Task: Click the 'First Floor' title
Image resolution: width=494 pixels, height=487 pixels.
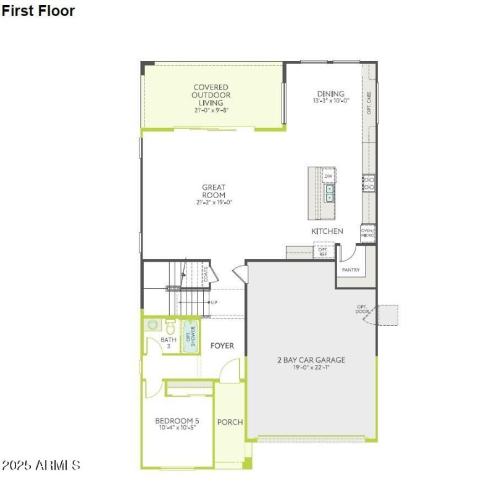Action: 38,11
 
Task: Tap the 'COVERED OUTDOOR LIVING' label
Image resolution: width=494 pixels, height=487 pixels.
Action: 211,95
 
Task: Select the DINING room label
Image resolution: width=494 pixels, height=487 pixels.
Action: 331,94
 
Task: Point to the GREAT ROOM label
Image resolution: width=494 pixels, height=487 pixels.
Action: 214,191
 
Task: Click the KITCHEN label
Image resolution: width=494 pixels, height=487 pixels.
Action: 327,231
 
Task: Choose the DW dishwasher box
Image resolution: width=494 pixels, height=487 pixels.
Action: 329,176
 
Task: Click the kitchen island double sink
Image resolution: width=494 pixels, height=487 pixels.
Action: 330,194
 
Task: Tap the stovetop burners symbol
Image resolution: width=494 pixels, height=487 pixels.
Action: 368,183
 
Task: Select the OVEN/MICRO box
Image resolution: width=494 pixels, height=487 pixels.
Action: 368,233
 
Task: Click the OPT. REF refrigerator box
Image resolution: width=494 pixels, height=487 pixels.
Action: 323,251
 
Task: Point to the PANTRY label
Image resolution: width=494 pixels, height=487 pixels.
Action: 351,270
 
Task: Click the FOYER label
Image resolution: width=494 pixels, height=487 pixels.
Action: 222,346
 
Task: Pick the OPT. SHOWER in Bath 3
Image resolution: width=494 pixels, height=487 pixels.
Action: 190,337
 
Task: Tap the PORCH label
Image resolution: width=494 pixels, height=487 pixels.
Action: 230,422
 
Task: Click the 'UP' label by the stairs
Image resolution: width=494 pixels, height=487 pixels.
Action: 214,302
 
